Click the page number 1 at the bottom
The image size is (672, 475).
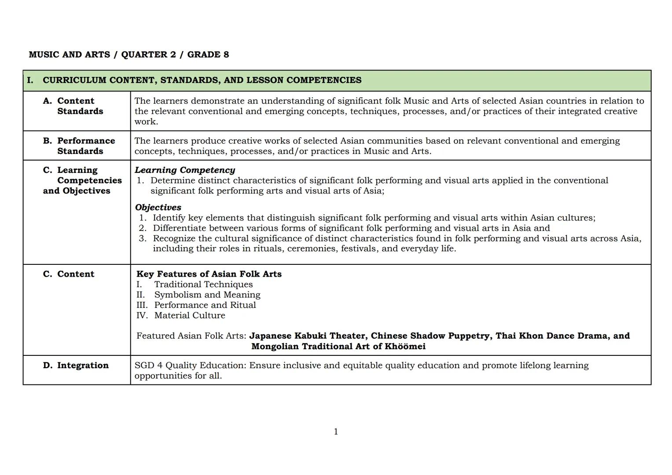(336, 431)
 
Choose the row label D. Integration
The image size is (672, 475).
(76, 365)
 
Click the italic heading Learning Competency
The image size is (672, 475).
(184, 170)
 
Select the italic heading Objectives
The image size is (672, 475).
(158, 207)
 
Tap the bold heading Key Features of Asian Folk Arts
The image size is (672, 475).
(209, 274)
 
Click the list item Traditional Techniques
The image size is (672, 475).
(203, 285)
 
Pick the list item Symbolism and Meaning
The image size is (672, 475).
(207, 295)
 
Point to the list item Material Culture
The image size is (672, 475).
(190, 315)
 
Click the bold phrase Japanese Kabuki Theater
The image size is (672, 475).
(307, 336)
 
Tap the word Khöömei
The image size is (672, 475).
(405, 347)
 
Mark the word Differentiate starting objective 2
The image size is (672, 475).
(180, 228)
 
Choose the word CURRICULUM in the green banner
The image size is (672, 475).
(74, 80)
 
